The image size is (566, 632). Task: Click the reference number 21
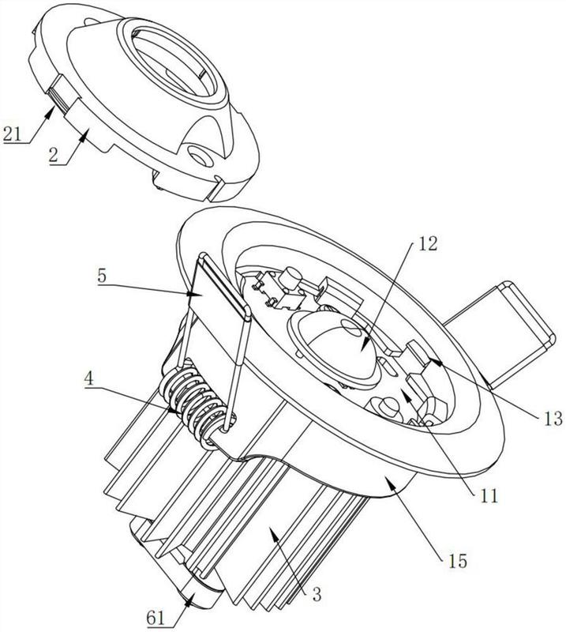point(12,134)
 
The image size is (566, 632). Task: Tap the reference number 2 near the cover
point(54,155)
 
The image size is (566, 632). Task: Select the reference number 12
point(427,243)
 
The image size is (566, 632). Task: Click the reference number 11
point(489,496)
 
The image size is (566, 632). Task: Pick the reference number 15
point(457,560)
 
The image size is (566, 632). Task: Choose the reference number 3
point(317,594)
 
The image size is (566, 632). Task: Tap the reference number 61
point(156,619)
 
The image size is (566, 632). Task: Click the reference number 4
point(90,380)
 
